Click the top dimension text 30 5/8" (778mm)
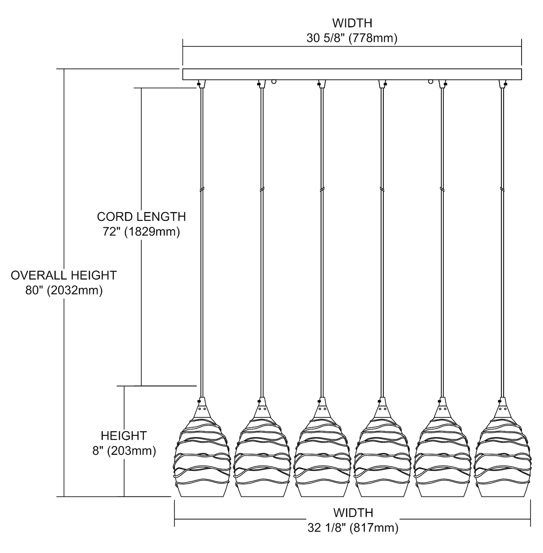coord(352,38)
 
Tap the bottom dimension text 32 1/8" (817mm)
coord(353,528)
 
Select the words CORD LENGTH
coord(141,216)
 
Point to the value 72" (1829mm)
coord(141,232)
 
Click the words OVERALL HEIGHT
coord(64,275)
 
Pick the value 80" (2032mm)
coord(64,291)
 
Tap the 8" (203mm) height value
coord(124,451)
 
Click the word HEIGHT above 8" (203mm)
coord(124,436)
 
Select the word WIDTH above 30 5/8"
coord(352,23)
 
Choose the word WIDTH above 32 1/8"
coord(353,513)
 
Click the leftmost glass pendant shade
coord(202,457)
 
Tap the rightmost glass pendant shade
coord(502,457)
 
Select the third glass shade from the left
coord(322,457)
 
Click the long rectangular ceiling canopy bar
coord(352,74)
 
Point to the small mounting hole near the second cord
coord(274,81)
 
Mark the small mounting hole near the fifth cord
coord(430,81)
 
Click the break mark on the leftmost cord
coord(201,189)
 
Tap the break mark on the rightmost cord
coord(502,189)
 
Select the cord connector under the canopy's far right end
coord(502,84)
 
